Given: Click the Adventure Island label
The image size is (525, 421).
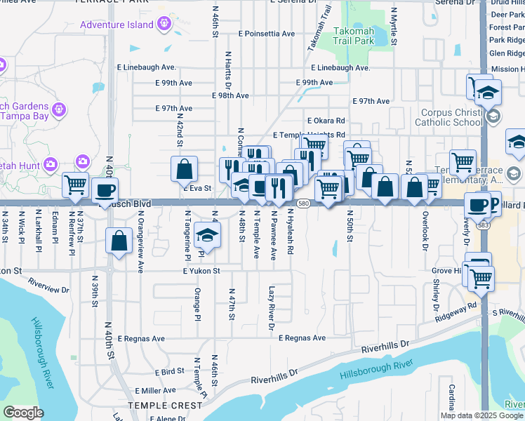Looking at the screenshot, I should pyautogui.click(x=117, y=25).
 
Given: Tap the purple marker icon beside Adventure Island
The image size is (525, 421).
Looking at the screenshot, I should pyautogui.click(x=165, y=25).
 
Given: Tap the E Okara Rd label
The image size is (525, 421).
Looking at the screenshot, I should pyautogui.click(x=326, y=121).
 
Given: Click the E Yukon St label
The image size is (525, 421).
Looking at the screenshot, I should pyautogui.click(x=201, y=271).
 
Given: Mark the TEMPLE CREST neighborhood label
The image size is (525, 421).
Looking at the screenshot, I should pyautogui.click(x=167, y=406).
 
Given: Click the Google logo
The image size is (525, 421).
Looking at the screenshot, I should pyautogui.click(x=23, y=413).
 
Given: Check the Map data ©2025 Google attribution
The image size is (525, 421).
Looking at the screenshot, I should pyautogui.click(x=481, y=415).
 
